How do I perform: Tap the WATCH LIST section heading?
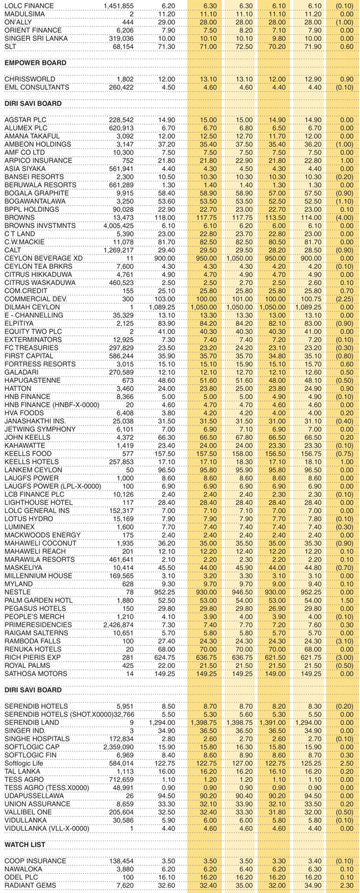[26, 845]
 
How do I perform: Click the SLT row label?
[11, 46]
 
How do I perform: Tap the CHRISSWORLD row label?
[29, 79]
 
